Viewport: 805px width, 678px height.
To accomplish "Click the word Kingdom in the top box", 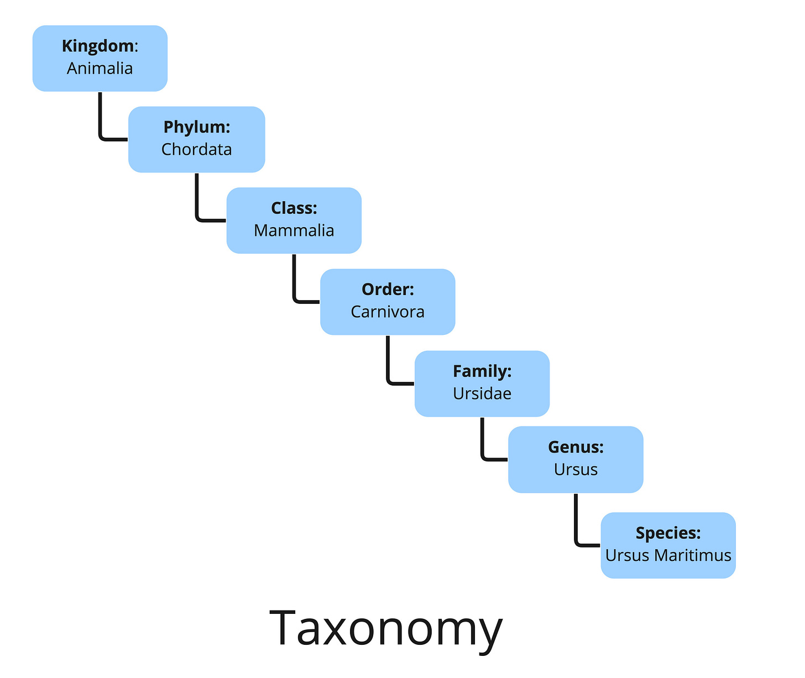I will tap(97, 46).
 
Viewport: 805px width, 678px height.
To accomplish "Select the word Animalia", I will tap(100, 69).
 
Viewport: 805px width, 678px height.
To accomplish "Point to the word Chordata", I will tap(196, 150).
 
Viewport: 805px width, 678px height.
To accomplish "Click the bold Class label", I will tap(294, 208).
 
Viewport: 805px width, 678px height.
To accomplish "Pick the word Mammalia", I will tap(294, 230).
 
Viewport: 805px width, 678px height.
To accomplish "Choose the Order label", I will tap(388, 290).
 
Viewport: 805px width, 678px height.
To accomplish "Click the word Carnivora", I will tap(388, 312).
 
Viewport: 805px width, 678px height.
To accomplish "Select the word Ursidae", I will tap(482, 393).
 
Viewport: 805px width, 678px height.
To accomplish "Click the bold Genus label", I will tap(576, 447).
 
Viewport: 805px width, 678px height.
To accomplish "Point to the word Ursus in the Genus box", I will tap(576, 470).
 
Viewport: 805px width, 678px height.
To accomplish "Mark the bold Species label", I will tap(668, 533).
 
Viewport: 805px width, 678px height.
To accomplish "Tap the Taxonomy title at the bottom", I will tap(386, 628).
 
